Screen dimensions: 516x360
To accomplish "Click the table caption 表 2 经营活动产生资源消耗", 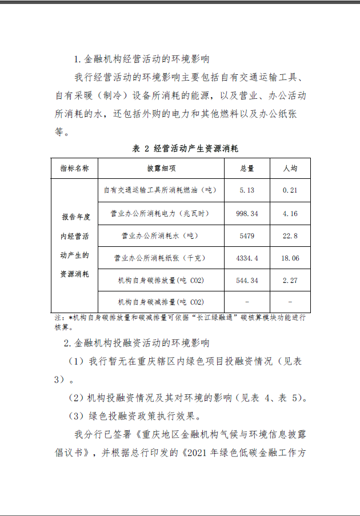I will pos(185,148).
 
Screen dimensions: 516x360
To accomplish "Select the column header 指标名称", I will pos(74,169).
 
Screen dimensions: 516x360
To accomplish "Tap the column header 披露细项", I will pos(161,169).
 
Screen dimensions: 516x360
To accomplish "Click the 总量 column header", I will pos(247,169).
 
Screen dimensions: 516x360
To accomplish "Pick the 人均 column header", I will pos(290,169).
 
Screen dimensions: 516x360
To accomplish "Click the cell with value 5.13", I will pos(247,190).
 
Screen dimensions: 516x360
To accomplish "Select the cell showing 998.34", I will pos(247,213).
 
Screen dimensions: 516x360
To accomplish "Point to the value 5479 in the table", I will pos(247,235).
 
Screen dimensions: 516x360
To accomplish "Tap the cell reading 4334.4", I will pos(247,258).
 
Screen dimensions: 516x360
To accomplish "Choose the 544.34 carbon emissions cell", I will pos(247,281).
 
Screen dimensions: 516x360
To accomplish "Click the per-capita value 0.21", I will pos(290,190).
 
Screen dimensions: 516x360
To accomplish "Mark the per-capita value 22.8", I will pos(290,235).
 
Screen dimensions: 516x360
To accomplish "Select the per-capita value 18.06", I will pos(290,258).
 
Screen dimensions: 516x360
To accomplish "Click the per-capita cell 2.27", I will pos(290,281).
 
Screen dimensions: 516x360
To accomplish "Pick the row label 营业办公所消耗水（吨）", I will pos(161,235).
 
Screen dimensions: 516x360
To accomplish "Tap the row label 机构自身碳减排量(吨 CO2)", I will pos(161,302).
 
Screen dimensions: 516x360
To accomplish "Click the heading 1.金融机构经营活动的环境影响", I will pos(141,59).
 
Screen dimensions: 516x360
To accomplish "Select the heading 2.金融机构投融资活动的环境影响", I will pos(137,343).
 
